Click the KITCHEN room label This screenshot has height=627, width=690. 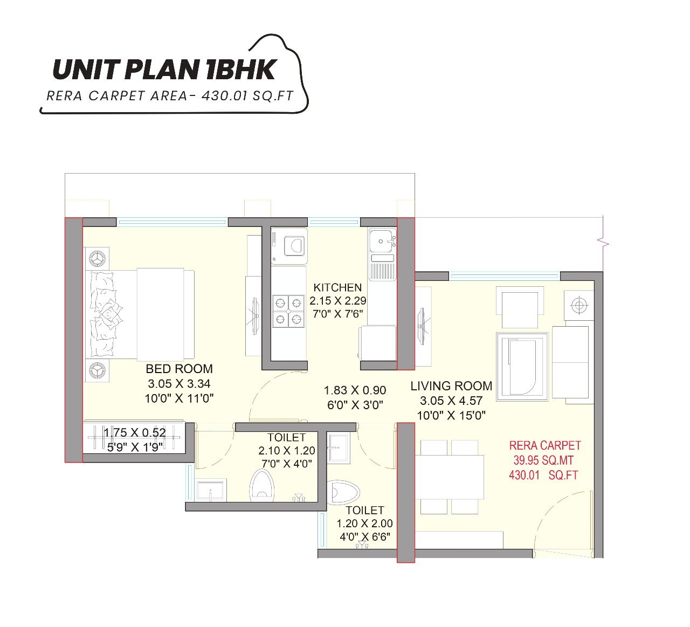[x=337, y=287]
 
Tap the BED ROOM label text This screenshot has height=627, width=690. [x=179, y=369]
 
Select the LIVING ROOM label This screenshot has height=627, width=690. [x=451, y=386]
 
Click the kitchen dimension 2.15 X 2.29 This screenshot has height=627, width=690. [x=337, y=301]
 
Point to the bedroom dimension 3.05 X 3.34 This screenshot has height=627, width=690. [x=179, y=384]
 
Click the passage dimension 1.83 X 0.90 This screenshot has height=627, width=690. [x=355, y=390]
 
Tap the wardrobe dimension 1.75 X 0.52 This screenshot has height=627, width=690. [x=135, y=432]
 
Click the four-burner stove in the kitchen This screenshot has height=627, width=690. [x=288, y=311]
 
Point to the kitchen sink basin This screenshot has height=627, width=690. [x=382, y=240]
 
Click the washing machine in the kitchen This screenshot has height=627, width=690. [x=289, y=246]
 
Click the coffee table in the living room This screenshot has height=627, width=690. [x=522, y=366]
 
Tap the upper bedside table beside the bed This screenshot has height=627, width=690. [x=97, y=259]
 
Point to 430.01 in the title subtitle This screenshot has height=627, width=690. [x=222, y=96]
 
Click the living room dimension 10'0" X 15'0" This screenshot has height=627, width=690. [x=451, y=416]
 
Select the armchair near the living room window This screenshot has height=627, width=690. [x=520, y=309]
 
